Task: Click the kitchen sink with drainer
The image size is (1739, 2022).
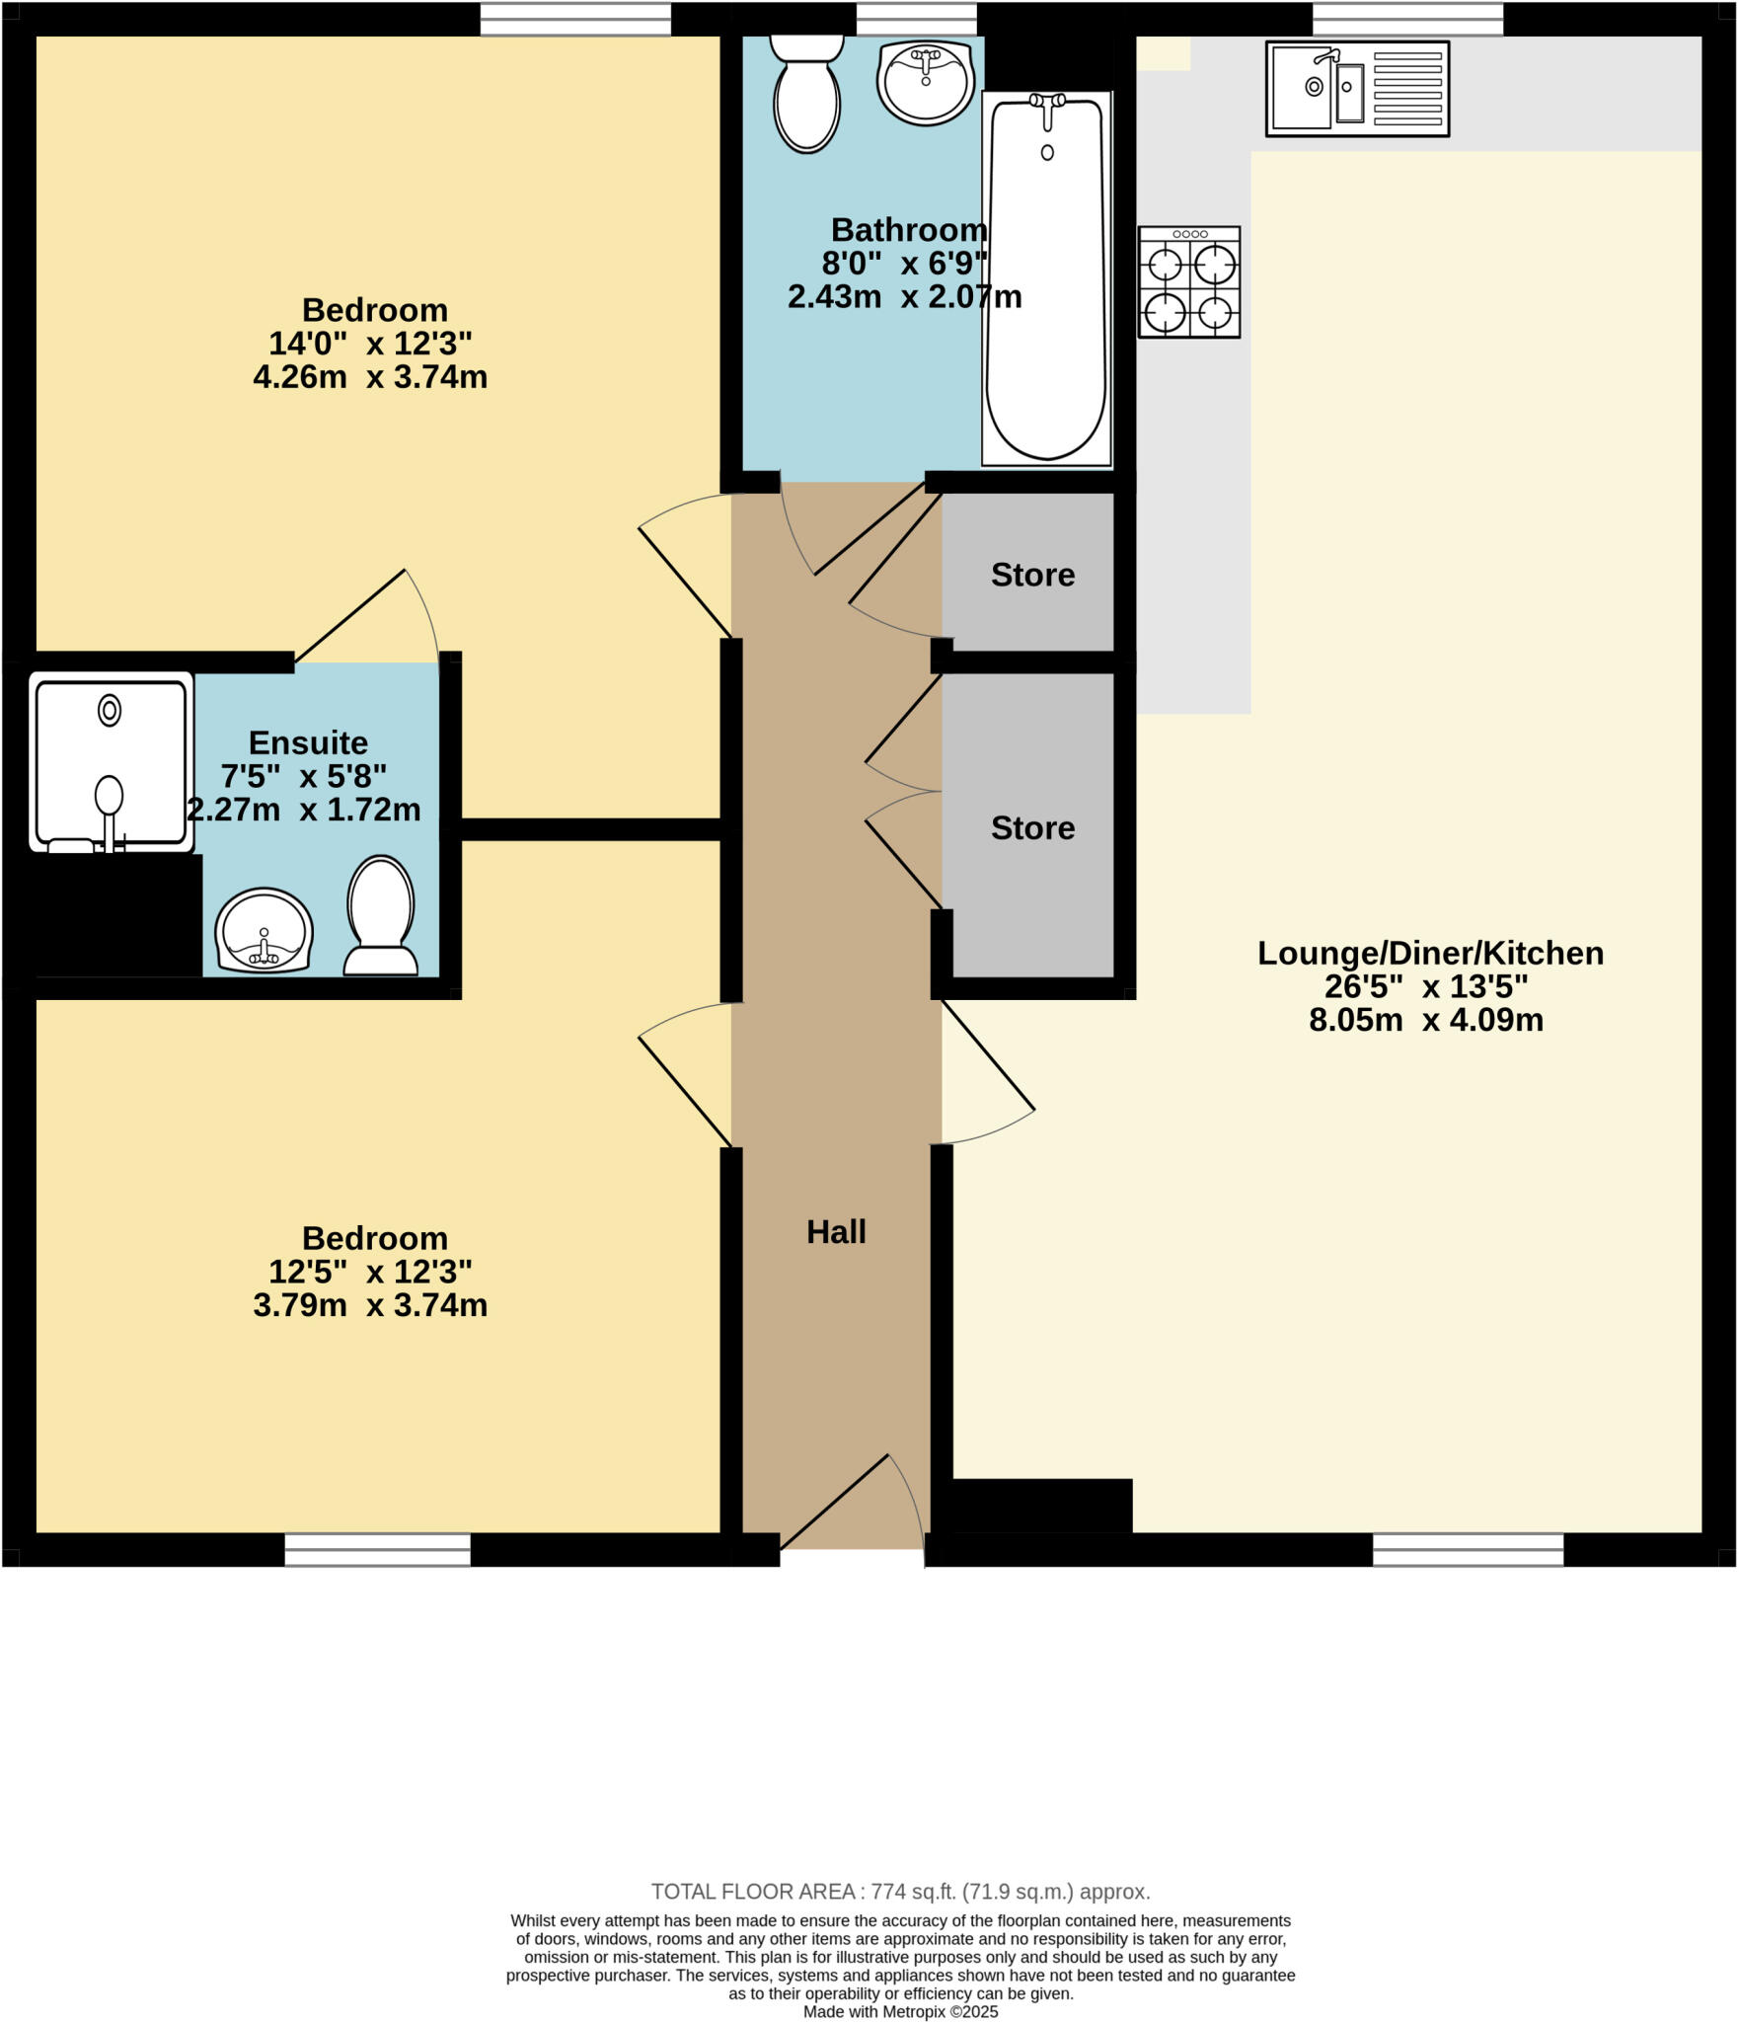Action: (1357, 88)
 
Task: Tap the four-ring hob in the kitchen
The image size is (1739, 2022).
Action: (1188, 282)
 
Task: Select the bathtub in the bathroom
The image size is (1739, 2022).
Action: (1046, 279)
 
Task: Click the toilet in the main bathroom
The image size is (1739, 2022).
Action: (806, 96)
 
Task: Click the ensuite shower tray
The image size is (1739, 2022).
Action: (111, 760)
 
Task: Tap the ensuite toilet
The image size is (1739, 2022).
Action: (380, 915)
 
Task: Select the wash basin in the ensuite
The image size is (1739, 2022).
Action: (264, 931)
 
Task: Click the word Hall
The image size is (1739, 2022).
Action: (836, 1231)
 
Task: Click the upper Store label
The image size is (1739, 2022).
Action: (1032, 575)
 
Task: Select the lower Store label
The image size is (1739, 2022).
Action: (1032, 827)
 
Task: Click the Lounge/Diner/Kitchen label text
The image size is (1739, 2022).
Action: (1429, 953)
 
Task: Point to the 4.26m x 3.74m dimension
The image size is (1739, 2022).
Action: (370, 377)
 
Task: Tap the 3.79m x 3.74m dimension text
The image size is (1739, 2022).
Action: (370, 1305)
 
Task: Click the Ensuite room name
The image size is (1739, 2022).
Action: (308, 742)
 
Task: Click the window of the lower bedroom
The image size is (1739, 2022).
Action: (377, 1549)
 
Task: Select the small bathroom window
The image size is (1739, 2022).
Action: (916, 19)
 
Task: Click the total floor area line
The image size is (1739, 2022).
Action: (900, 1892)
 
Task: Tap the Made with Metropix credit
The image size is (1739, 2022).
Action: (900, 2011)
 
